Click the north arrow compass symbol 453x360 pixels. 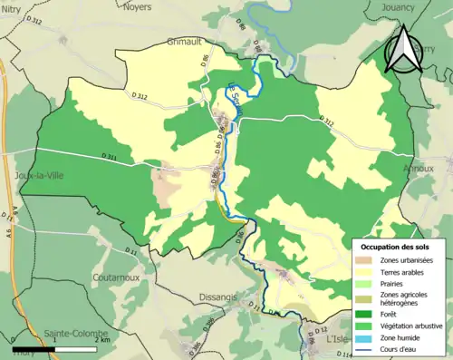[x=404, y=50]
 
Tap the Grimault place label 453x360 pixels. [x=188, y=42]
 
